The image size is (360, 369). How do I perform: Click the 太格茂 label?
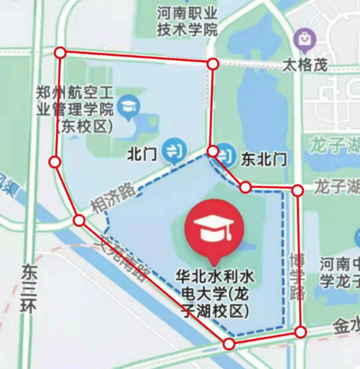click(305, 65)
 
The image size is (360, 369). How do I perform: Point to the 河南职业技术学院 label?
click(188, 22)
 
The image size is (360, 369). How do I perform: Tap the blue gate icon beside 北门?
click(173, 152)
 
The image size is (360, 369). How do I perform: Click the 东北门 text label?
click(264, 160)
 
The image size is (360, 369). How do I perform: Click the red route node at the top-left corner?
click(60, 52)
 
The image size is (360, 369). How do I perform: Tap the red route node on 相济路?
click(79, 221)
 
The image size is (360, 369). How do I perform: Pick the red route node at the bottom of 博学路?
click(300, 332)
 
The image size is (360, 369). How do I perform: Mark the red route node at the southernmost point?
click(229, 344)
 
